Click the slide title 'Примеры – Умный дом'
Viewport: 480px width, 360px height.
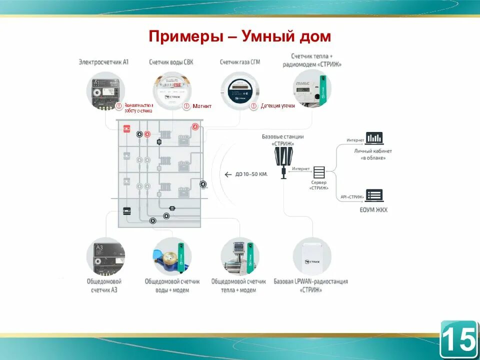pyautogui.click(x=240, y=36)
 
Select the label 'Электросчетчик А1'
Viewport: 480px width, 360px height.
pyautogui.click(x=103, y=62)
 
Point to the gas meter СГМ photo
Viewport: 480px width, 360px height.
pyautogui.click(x=240, y=90)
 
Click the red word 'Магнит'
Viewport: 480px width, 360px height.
pyautogui.click(x=202, y=106)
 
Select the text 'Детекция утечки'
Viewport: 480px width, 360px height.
pyautogui.click(x=277, y=106)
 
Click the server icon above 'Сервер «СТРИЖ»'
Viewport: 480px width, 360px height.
pyautogui.click(x=319, y=172)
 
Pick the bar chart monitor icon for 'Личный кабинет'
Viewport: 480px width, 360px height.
pyautogui.click(x=373, y=137)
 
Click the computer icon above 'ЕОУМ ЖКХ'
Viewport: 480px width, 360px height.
pyautogui.click(x=373, y=195)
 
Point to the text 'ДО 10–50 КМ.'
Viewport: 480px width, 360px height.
pyautogui.click(x=251, y=174)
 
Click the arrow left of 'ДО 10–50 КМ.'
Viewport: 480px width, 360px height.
pyautogui.click(x=228, y=174)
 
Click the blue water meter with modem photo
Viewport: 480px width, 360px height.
pyautogui.click(x=172, y=256)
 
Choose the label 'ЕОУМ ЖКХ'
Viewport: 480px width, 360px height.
pyautogui.click(x=373, y=209)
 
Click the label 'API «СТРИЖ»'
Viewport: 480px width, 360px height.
pyautogui.click(x=352, y=196)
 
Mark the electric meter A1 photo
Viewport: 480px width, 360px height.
pyautogui.click(x=104, y=91)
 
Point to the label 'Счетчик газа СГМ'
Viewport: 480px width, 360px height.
pyautogui.click(x=240, y=62)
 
